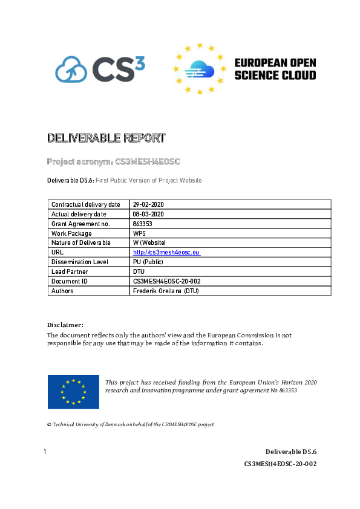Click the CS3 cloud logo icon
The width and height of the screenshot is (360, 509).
71,68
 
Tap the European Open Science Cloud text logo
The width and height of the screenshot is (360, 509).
275,69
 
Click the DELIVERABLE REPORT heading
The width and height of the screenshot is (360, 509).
106,138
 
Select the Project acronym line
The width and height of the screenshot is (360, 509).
114,161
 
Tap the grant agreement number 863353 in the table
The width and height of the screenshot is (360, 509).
143,224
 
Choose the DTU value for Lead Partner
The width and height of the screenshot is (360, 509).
139,271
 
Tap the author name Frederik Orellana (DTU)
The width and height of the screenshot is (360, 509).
165,291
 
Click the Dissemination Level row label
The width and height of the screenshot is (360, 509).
80,262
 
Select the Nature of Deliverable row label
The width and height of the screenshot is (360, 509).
81,242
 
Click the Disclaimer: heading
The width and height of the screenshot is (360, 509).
65,325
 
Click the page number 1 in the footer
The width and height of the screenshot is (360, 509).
45,452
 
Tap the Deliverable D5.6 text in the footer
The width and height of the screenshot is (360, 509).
291,452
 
